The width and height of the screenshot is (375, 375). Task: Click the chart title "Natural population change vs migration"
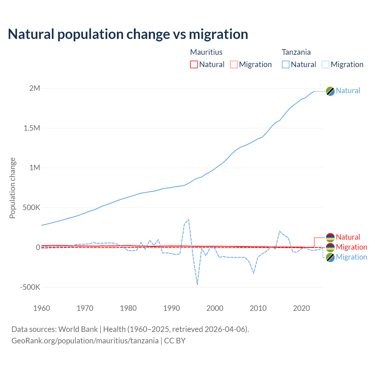click(x=128, y=34)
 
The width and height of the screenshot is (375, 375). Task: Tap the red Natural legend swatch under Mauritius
click(x=194, y=64)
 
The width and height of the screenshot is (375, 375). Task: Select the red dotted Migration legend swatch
click(x=234, y=64)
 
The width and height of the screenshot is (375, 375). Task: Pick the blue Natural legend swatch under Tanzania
click(x=286, y=64)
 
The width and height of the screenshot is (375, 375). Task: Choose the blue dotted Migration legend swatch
click(x=325, y=64)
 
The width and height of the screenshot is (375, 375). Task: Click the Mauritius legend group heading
click(x=206, y=52)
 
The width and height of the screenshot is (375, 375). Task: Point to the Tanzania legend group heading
click(x=296, y=52)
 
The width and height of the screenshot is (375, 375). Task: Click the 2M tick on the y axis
click(x=35, y=88)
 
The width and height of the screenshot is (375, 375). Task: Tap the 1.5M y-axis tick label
click(x=32, y=128)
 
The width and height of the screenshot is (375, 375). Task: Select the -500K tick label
click(x=30, y=287)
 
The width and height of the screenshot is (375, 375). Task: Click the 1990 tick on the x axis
click(x=172, y=308)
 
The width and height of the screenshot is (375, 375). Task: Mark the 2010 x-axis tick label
click(x=258, y=308)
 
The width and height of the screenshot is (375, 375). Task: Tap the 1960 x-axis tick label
click(x=42, y=308)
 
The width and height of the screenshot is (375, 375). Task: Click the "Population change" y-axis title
click(x=12, y=188)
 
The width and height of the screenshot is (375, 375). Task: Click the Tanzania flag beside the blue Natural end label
click(x=330, y=91)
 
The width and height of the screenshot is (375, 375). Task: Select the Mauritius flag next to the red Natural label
click(x=330, y=237)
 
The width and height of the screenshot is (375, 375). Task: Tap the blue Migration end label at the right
click(x=351, y=257)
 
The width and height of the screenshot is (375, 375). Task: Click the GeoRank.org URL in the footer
click(x=85, y=341)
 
